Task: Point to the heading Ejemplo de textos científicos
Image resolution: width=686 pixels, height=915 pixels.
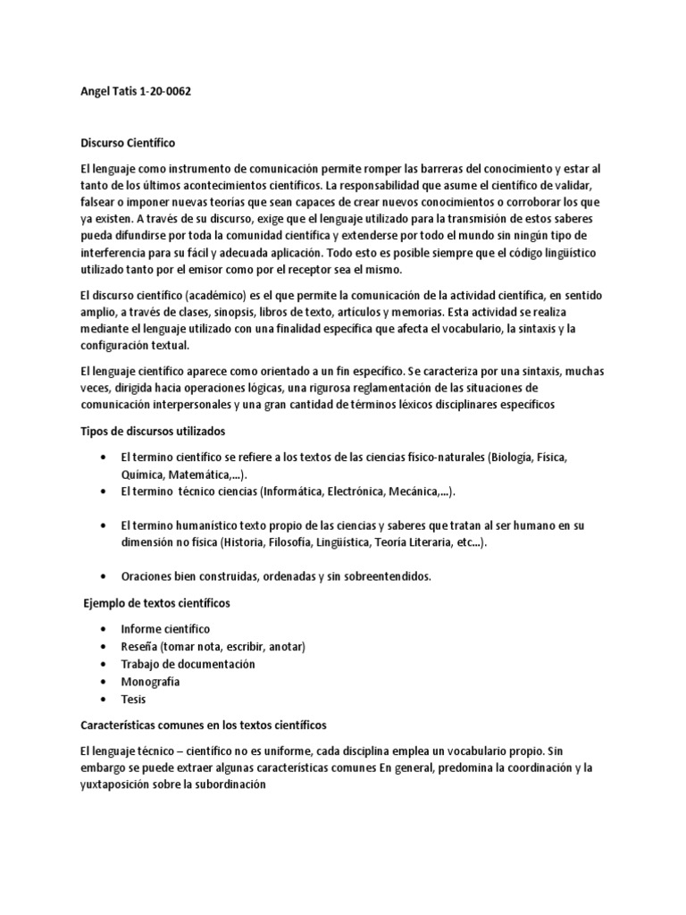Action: click(156, 604)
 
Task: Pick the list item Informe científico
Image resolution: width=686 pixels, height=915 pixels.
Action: click(166, 629)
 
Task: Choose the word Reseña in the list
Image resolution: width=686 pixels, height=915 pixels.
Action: click(141, 646)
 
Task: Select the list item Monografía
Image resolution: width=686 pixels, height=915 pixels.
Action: click(151, 681)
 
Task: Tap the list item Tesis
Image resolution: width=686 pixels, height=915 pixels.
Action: click(134, 699)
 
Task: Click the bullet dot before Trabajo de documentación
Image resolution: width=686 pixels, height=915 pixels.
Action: click(107, 664)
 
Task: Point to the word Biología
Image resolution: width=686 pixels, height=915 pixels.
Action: click(514, 457)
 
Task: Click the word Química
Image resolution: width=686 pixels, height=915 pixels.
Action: click(144, 474)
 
